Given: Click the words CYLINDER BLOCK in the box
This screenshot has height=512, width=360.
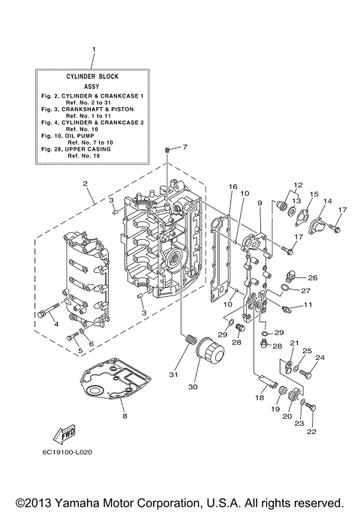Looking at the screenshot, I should point(93,76).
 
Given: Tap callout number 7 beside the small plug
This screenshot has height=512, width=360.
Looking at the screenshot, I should point(184,147).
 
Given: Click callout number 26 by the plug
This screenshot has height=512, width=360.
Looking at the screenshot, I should point(313,277).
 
